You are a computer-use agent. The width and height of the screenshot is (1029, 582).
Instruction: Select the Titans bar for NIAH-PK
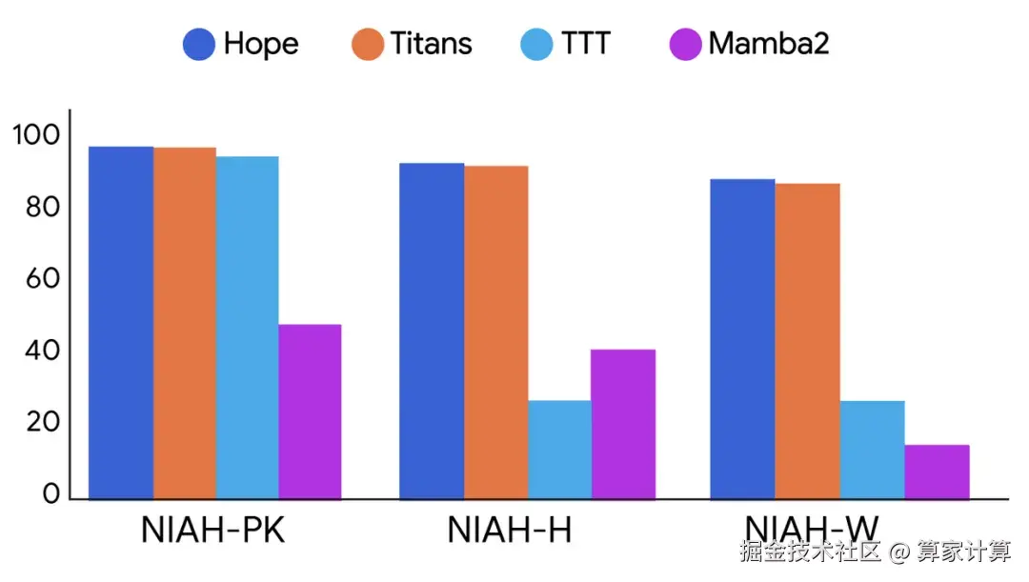tap(184, 323)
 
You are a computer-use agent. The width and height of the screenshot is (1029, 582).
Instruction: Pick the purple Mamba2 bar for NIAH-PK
tap(310, 411)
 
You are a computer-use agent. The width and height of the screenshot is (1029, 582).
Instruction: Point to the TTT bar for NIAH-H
tap(559, 449)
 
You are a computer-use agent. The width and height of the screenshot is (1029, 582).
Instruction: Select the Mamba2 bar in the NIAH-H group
tap(622, 423)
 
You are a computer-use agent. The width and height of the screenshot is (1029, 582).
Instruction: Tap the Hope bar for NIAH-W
tap(742, 338)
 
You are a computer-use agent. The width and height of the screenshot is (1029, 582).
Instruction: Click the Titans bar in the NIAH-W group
tap(807, 340)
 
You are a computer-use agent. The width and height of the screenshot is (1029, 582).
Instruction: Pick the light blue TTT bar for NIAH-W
tap(872, 449)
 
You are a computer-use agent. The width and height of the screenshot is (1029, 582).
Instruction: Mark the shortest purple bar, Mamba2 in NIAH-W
tap(937, 471)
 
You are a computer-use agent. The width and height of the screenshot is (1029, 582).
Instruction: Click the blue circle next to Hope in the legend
tap(199, 44)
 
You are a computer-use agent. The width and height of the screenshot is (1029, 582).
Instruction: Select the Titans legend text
tap(431, 44)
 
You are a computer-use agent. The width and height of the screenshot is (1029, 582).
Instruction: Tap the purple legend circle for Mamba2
tap(685, 44)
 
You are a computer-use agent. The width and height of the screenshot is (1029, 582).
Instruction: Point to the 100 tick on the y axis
tap(35, 135)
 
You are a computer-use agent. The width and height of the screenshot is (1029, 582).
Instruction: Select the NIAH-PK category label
tap(212, 531)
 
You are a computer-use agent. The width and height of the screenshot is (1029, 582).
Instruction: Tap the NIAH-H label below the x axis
tap(510, 531)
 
